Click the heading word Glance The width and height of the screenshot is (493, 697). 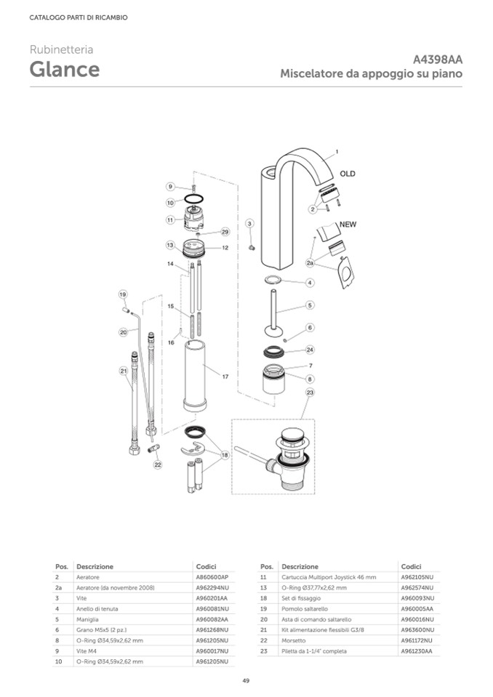tap(65, 70)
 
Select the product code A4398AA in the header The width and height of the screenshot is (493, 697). tap(438, 60)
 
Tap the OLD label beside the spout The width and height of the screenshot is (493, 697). tap(348, 174)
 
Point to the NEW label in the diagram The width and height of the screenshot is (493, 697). tap(347, 225)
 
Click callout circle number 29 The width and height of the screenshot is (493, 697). tap(225, 232)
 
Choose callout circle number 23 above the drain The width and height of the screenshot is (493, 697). tap(310, 392)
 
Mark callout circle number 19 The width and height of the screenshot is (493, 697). tap(123, 294)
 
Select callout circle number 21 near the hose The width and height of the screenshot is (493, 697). tap(123, 371)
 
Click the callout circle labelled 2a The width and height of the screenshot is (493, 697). tap(310, 263)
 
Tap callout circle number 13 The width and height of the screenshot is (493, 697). tap(169, 246)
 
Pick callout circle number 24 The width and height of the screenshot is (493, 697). tap(310, 349)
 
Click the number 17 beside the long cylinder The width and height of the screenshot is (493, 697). tap(225, 377)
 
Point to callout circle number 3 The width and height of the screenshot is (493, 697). tap(249, 223)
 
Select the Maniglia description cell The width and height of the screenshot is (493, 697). tap(87, 619)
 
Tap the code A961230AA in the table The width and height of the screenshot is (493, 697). tap(416, 651)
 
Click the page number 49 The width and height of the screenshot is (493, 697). tap(246, 680)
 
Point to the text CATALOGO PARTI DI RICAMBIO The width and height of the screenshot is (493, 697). tap(79, 17)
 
